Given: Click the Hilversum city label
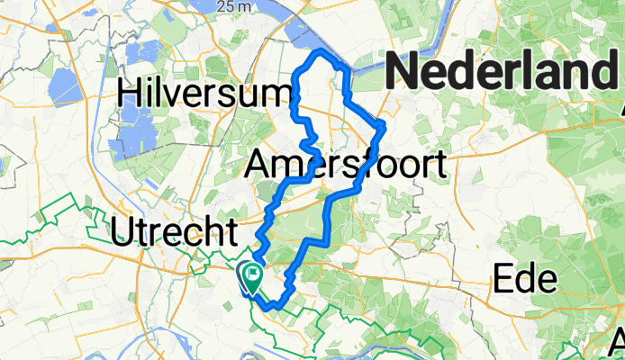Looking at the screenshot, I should [205, 93].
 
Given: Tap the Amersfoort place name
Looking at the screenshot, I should [346, 164].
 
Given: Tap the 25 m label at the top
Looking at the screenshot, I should [231, 7].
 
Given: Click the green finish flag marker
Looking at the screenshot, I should [253, 275].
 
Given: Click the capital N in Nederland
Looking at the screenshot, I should [404, 70].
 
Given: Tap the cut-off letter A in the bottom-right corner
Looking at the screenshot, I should [617, 342].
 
